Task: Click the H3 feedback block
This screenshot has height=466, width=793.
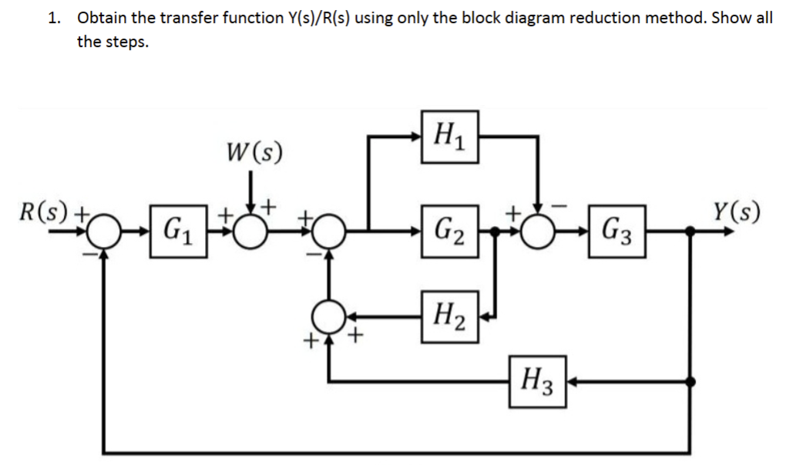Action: pos(537,379)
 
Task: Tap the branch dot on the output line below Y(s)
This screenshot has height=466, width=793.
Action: pos(691,380)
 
